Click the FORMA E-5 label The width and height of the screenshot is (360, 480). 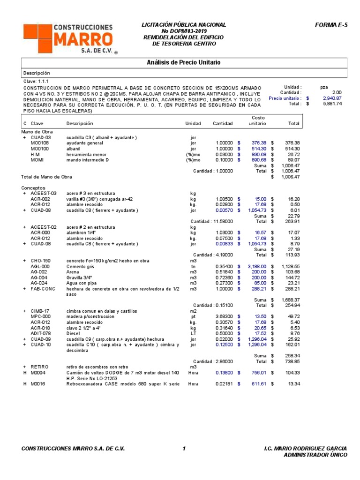click(x=332, y=25)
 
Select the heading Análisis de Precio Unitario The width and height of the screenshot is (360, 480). click(x=184, y=62)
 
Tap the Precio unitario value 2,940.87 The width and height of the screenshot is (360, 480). click(x=332, y=98)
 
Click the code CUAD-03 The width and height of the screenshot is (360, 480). click(x=41, y=138)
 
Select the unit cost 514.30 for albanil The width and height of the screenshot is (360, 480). click(x=259, y=149)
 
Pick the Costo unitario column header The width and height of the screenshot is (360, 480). click(x=257, y=120)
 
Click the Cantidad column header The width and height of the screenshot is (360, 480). click(x=223, y=124)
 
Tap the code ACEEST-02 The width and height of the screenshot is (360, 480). click(x=44, y=227)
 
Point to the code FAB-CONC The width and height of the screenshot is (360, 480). click(x=43, y=289)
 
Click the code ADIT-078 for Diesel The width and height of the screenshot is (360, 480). click(x=41, y=333)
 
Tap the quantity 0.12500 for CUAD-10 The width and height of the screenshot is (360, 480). click(x=223, y=345)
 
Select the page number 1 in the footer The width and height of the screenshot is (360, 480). click(x=184, y=449)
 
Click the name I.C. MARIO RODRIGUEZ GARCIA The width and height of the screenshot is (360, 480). click(x=306, y=449)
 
